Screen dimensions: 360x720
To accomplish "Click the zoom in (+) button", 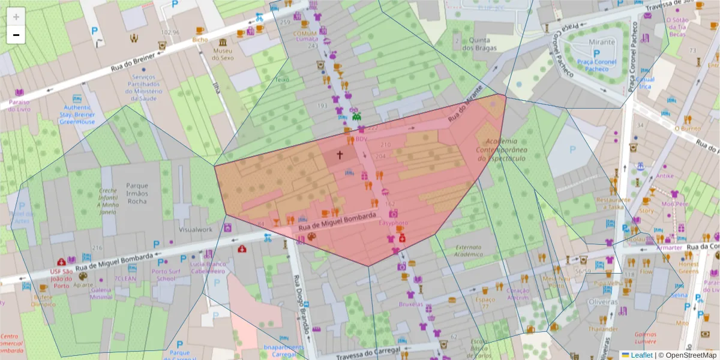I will (x=16, y=16).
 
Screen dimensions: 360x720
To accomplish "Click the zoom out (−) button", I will (x=16, y=35).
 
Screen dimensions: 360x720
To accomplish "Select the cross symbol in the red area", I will (x=340, y=155).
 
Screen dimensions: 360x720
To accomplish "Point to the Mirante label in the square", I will (x=602, y=42).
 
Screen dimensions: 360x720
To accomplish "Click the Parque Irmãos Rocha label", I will (x=137, y=193).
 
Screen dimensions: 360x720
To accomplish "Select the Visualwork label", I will (x=196, y=229).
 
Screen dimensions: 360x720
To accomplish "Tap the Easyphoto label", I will (x=393, y=223).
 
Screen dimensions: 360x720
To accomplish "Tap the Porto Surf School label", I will (x=164, y=274).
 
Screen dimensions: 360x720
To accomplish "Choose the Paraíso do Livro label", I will (x=19, y=105).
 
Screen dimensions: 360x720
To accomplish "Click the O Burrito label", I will (x=688, y=128).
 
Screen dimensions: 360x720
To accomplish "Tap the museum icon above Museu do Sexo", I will (x=223, y=43).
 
